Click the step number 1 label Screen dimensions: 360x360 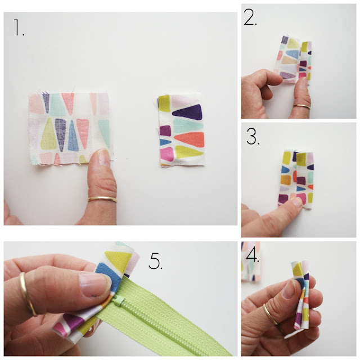[x=19, y=28]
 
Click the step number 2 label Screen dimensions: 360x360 [x=250, y=17]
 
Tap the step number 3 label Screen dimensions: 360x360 [x=253, y=137]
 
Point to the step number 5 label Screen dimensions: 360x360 [x=156, y=261]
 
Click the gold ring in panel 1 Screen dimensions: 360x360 [x=102, y=199]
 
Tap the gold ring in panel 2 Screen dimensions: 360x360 [x=301, y=106]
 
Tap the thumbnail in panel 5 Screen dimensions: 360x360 [x=94, y=285]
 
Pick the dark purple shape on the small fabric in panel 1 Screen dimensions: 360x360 [x=187, y=112]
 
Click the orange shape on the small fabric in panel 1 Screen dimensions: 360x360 [x=190, y=139]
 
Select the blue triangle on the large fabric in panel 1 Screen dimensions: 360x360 [x=73, y=136]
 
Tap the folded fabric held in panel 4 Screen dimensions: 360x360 [x=301, y=294]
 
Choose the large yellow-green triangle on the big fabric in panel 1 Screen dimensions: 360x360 [x=49, y=134]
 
